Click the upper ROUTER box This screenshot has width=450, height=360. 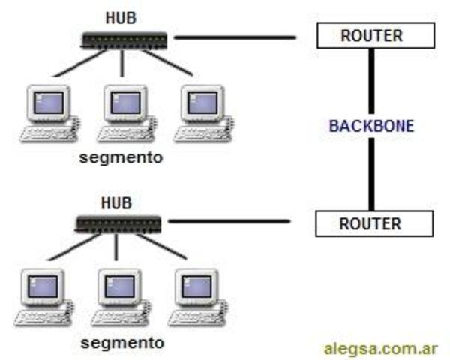pos(372,35)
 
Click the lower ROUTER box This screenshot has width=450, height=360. pos(372,223)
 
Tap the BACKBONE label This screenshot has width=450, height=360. pos(371,125)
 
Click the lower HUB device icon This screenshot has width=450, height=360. pos(118,223)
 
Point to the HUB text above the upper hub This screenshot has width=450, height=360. pos(121,16)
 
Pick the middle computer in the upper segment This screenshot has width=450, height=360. pos(124,112)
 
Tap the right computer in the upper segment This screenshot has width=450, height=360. pos(199,112)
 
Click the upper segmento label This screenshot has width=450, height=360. pos(121,159)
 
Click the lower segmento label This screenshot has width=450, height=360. pos(121,342)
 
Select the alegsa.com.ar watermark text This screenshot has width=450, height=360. pos(380,348)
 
